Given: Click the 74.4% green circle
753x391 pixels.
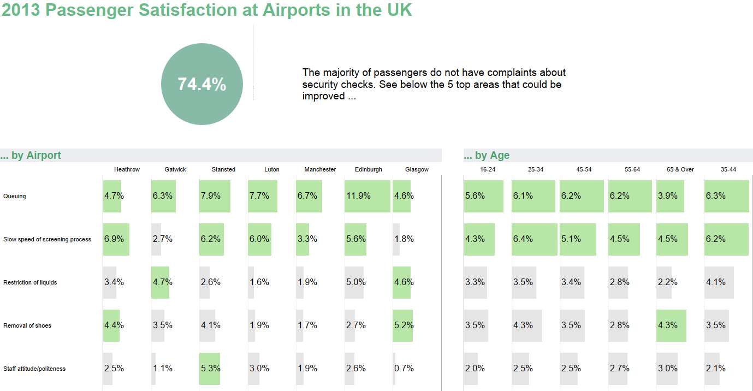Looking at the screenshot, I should coord(201,84).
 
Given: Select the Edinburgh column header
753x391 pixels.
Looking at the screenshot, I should coord(368,169).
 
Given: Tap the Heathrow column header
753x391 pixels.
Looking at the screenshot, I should coord(127,169).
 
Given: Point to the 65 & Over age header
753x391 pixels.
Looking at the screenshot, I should coord(680,169).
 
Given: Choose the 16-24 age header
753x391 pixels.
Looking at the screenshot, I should coord(488,169).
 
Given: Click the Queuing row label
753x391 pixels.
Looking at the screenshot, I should coord(15,196).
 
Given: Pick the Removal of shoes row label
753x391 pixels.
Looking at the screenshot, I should coord(27,325).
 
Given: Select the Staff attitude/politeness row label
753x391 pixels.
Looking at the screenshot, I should coord(34,369).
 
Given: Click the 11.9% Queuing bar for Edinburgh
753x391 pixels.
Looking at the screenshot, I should coord(367,196).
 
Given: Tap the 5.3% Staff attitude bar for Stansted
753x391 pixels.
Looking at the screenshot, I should coord(210,369).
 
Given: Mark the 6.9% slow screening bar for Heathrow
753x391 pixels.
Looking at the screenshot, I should coord(116,239).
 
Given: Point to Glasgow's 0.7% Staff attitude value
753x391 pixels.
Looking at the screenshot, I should coord(404,369).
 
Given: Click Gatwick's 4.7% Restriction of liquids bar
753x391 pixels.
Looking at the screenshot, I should coord(161,282).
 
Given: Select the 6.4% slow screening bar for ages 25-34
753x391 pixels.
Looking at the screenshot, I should coord(534,239).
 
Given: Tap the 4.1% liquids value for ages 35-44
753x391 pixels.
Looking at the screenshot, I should coord(715,282).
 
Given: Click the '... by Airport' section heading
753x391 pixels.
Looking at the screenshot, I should coord(31,156).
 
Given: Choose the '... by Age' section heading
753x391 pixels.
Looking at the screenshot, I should coord(487,156).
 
